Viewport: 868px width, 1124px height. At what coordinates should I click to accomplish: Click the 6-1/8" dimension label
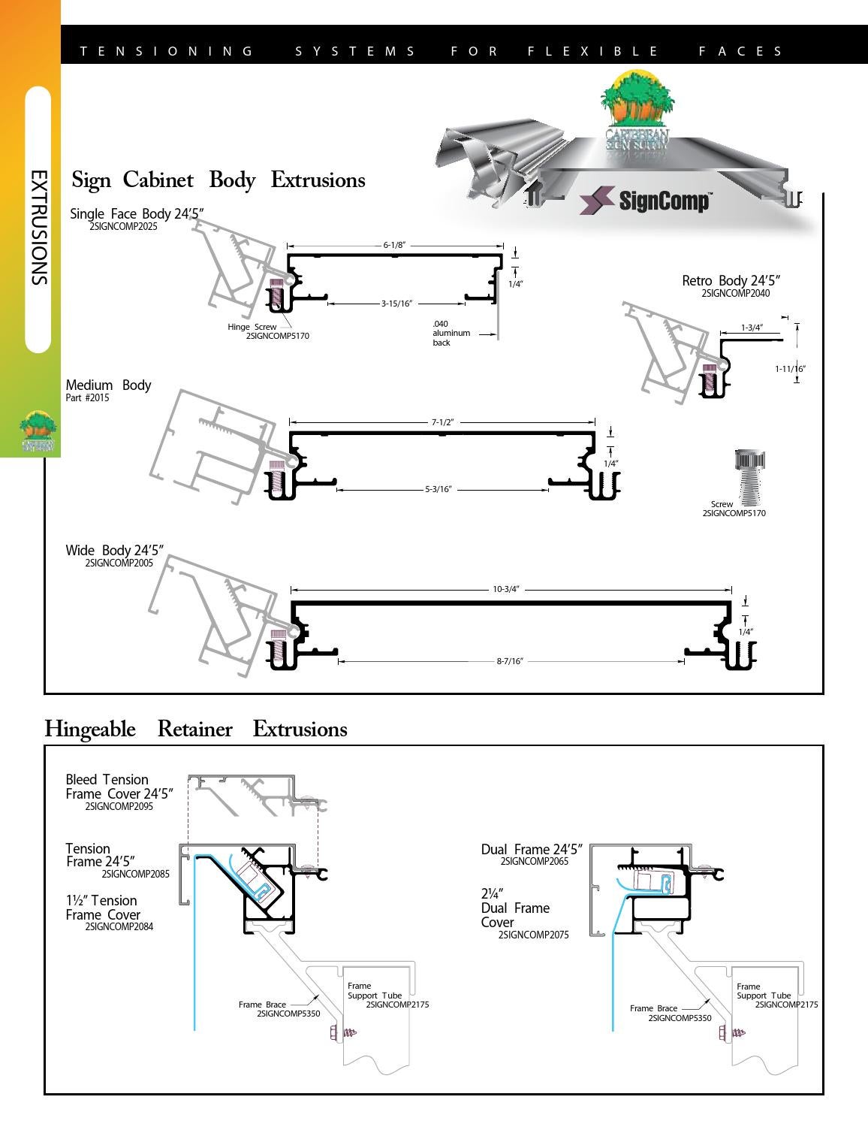[395, 245]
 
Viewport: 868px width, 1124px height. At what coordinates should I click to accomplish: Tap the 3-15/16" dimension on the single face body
[396, 304]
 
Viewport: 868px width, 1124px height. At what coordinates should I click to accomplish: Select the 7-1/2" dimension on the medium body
[442, 422]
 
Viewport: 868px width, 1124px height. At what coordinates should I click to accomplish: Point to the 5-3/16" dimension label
[439, 489]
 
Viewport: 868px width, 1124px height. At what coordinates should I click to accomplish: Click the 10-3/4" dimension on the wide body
[506, 589]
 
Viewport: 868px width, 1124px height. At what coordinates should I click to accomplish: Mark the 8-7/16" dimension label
[510, 661]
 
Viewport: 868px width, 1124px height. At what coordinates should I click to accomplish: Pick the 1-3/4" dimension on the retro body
[752, 328]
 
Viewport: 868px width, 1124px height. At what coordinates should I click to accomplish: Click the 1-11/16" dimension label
[790, 369]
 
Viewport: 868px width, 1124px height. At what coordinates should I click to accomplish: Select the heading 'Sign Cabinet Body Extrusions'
[219, 180]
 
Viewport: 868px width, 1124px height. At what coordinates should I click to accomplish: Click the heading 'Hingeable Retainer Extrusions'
[196, 729]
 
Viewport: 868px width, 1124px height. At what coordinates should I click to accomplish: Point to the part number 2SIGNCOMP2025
[123, 226]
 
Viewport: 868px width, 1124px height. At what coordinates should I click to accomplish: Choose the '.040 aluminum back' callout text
[451, 334]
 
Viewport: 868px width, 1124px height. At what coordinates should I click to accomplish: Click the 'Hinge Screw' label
[252, 327]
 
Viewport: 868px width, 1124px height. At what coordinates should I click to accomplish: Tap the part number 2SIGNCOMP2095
[119, 806]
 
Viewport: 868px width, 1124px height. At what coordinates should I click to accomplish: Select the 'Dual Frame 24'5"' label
[532, 849]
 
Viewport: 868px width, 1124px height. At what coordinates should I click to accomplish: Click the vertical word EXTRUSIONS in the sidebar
[38, 227]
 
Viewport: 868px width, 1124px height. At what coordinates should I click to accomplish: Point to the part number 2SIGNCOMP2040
[735, 294]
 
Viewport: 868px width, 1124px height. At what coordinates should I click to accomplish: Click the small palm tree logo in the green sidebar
[38, 431]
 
